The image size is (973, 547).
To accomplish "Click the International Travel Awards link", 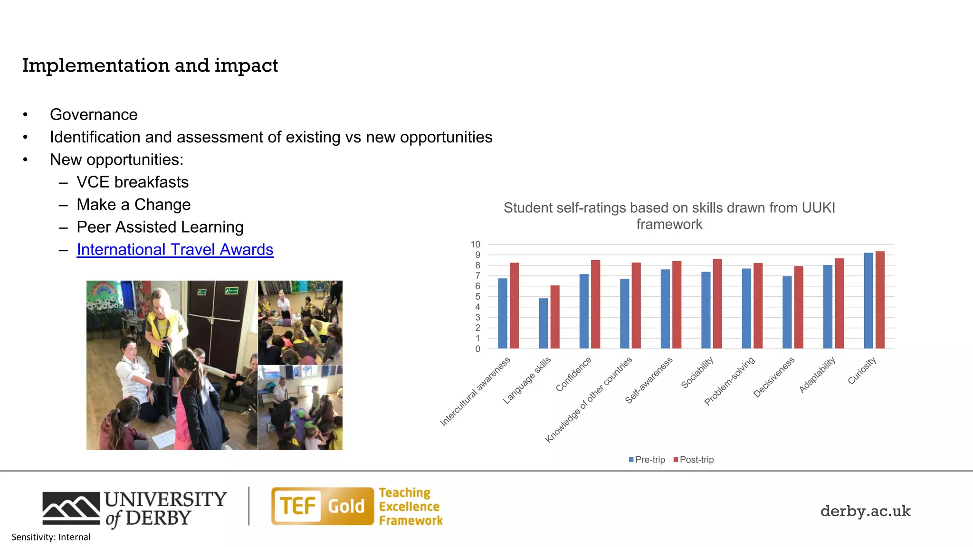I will pos(175,250).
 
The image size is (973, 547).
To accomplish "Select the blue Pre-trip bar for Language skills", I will pos(543,323).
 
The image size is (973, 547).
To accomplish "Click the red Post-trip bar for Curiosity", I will pos(880,300).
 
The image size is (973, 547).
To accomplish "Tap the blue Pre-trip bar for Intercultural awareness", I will pos(503,313).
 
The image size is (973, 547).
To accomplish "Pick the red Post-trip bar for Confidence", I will pos(595,304).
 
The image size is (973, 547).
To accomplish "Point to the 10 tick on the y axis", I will pos(476,245).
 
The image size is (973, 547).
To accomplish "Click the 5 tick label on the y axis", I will pos(477,297).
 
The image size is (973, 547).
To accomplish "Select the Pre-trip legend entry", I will pos(647,460).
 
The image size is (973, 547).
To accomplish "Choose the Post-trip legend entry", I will pos(693,460).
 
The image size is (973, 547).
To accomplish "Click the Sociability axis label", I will pos(697,373).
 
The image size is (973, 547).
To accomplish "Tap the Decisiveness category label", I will pos(773,378).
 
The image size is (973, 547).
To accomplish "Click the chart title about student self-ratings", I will pos(669,216).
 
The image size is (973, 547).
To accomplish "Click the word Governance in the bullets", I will pos(94,114).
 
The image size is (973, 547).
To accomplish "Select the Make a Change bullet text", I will pos(134,205).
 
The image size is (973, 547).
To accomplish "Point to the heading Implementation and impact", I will pos(150,66).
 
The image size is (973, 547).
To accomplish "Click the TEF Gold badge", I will pos(323,506).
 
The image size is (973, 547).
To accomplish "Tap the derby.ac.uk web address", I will pos(865,511).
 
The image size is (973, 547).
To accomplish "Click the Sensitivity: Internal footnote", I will pos(51,537).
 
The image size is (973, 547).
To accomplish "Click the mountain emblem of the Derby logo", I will pos(71,508).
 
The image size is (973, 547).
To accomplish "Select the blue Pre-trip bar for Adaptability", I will pos(828,307).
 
